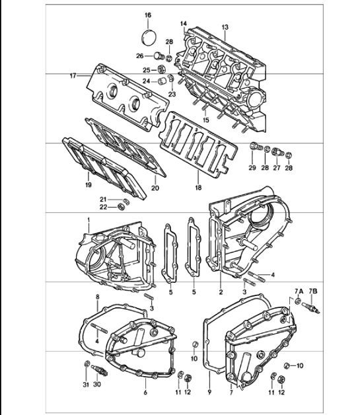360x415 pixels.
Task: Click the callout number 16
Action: (x=147, y=15)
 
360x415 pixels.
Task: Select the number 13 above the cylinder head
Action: (x=225, y=26)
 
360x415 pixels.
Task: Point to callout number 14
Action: (x=183, y=24)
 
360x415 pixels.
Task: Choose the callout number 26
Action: (x=139, y=56)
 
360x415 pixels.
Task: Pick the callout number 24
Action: (x=147, y=81)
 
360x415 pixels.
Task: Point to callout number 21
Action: (x=103, y=199)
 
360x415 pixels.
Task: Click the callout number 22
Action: (x=103, y=208)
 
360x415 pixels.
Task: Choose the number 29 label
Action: (x=251, y=169)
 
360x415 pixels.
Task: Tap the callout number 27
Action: (x=276, y=169)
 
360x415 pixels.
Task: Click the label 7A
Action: (x=298, y=291)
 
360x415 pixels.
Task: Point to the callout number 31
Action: (x=87, y=386)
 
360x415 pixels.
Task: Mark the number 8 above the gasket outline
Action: (x=97, y=298)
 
